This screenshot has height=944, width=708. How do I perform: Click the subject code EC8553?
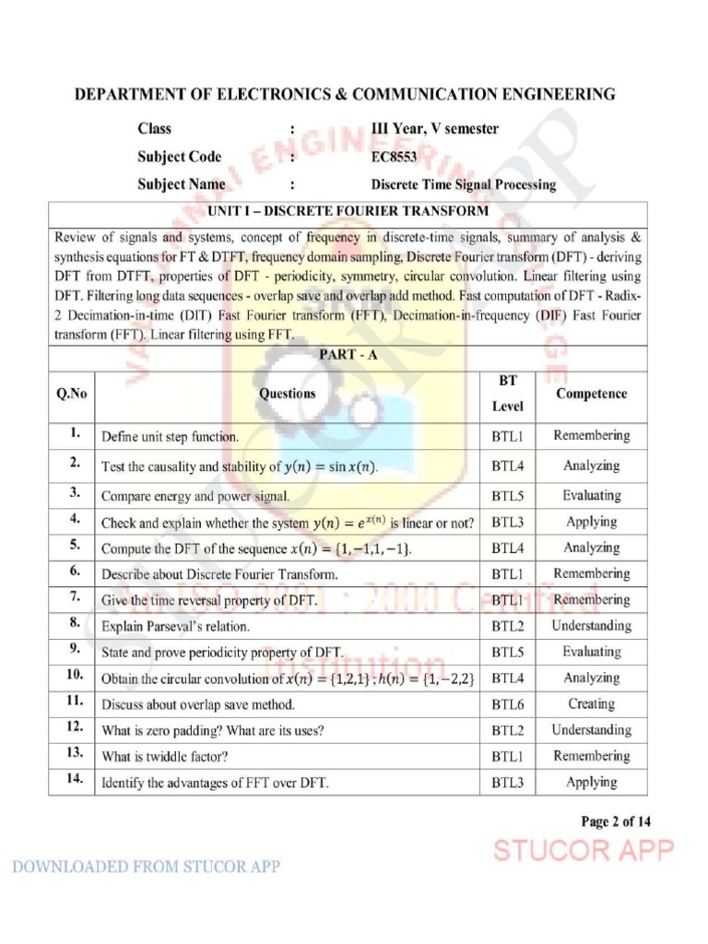pyautogui.click(x=394, y=157)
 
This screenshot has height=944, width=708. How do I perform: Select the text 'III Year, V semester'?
pyautogui.click(x=434, y=129)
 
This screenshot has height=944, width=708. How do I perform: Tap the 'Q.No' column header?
pyautogui.click(x=71, y=394)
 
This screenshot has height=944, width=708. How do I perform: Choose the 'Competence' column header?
pyautogui.click(x=591, y=394)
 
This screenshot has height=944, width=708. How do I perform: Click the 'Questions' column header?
pyautogui.click(x=287, y=394)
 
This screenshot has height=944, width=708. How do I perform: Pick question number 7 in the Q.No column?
pyautogui.click(x=75, y=597)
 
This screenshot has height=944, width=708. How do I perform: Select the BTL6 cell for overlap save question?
pyautogui.click(x=507, y=704)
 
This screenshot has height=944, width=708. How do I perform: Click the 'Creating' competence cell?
pyautogui.click(x=591, y=704)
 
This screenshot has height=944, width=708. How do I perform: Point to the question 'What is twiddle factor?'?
pyautogui.click(x=165, y=757)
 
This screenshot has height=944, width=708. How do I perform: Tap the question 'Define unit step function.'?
pyautogui.click(x=170, y=437)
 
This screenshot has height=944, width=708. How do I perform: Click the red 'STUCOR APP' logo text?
pyautogui.click(x=584, y=850)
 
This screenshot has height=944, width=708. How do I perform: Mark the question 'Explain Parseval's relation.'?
pyautogui.click(x=175, y=627)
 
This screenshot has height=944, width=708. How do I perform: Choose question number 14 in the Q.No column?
pyautogui.click(x=75, y=781)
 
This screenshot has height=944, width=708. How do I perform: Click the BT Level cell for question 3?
pyautogui.click(x=507, y=496)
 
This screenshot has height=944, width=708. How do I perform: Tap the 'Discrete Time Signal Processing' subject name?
pyautogui.click(x=463, y=184)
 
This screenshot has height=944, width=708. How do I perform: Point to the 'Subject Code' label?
pyautogui.click(x=180, y=157)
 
